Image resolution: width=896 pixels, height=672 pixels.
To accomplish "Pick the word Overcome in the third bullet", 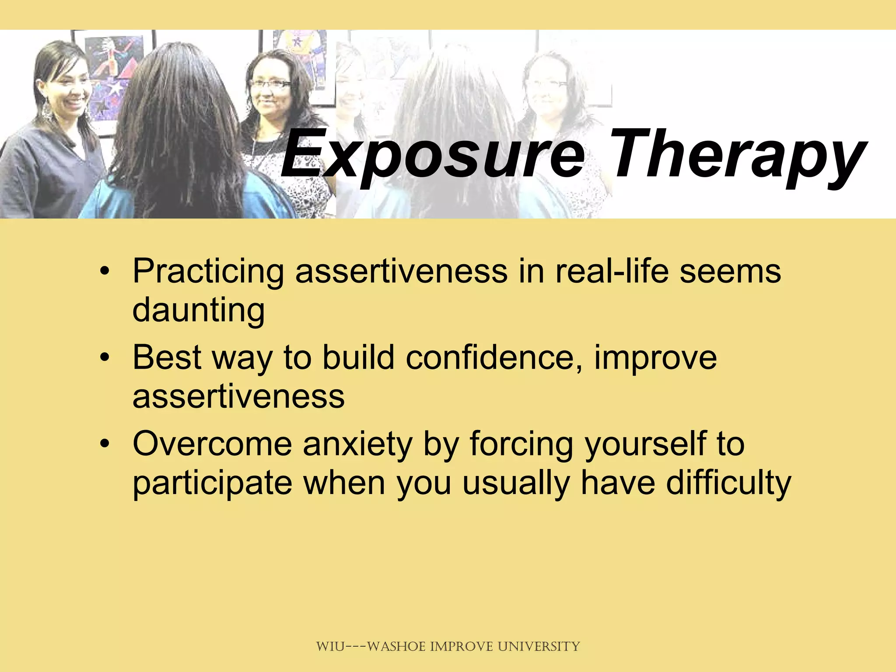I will coord(212,444).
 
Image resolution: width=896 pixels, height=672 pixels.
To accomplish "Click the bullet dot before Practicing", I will coord(104,272).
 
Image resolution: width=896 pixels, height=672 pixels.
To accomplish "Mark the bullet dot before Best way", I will coord(104,358).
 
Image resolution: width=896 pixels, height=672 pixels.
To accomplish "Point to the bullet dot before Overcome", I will coord(104,444).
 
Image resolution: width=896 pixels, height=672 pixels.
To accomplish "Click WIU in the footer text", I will coord(330,646).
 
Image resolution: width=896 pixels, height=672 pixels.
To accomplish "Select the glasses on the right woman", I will coord(271,84).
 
